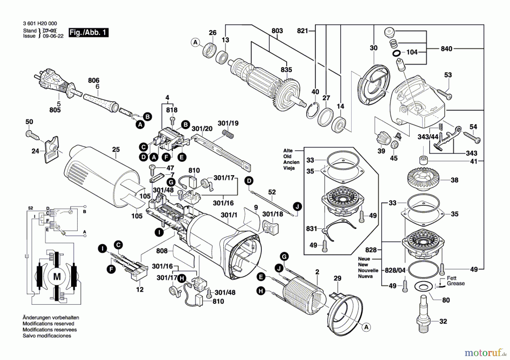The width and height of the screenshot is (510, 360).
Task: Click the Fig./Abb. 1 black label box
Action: tap(88, 32)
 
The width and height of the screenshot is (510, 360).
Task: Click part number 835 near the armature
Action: tap(286, 70)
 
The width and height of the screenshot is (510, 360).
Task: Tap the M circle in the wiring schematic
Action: tap(57, 276)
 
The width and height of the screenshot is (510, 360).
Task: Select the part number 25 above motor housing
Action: tap(116, 149)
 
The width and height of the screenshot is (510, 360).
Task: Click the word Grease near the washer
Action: tap(456, 284)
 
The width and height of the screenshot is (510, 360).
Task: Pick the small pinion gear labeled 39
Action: tap(383, 139)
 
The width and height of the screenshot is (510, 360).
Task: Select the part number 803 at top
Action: tap(277, 31)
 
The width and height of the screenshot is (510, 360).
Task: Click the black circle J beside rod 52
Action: tap(297, 206)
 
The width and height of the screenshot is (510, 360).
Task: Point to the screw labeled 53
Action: tap(444, 94)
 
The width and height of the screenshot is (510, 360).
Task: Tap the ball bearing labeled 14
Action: tap(339, 124)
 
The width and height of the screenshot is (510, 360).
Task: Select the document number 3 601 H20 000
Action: tap(40, 24)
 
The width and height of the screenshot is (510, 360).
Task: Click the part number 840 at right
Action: tap(446, 49)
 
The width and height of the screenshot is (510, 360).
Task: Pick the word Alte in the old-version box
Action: tap(288, 151)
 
